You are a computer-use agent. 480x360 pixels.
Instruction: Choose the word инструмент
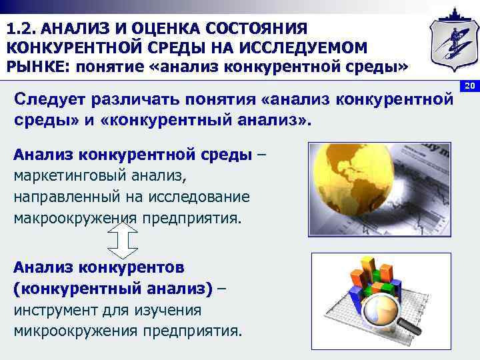55,310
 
